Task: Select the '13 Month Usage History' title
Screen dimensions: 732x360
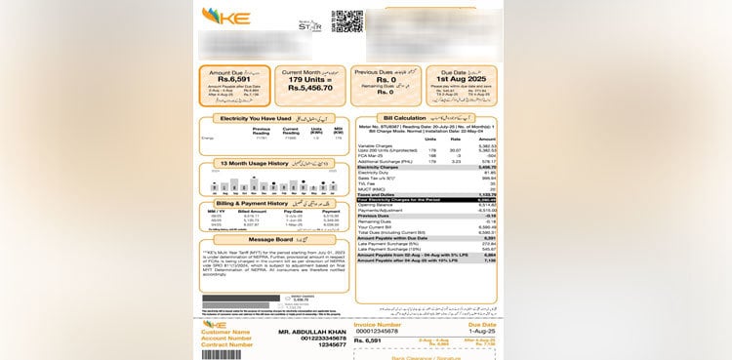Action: pos(249,164)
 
